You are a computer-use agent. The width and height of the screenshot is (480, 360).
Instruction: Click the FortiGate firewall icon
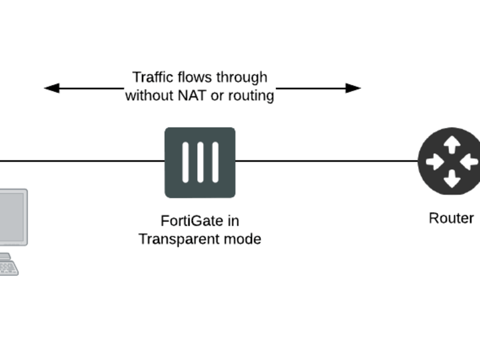pos(200,162)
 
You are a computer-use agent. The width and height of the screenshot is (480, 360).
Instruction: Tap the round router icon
pos(450,161)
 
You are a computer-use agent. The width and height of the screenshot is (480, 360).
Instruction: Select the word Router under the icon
pos(451,218)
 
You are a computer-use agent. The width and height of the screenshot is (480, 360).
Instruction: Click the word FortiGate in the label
pos(185,221)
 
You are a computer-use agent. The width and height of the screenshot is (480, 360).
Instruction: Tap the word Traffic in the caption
pos(153,77)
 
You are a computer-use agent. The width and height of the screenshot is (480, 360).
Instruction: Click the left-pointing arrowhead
pos(51,88)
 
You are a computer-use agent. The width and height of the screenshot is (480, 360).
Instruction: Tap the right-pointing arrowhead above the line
pos(353,88)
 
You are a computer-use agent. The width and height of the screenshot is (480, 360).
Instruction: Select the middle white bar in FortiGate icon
pos(200,162)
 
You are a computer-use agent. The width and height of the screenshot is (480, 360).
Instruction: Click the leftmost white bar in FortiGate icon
pos(185,162)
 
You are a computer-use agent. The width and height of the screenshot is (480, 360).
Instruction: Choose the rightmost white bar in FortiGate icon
pos(215,162)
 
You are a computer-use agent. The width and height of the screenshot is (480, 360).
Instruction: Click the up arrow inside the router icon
pos(451,144)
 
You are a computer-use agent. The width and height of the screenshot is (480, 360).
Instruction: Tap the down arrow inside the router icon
pos(451,179)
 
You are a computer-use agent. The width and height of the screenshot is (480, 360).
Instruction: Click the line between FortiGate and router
pos(326,161)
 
